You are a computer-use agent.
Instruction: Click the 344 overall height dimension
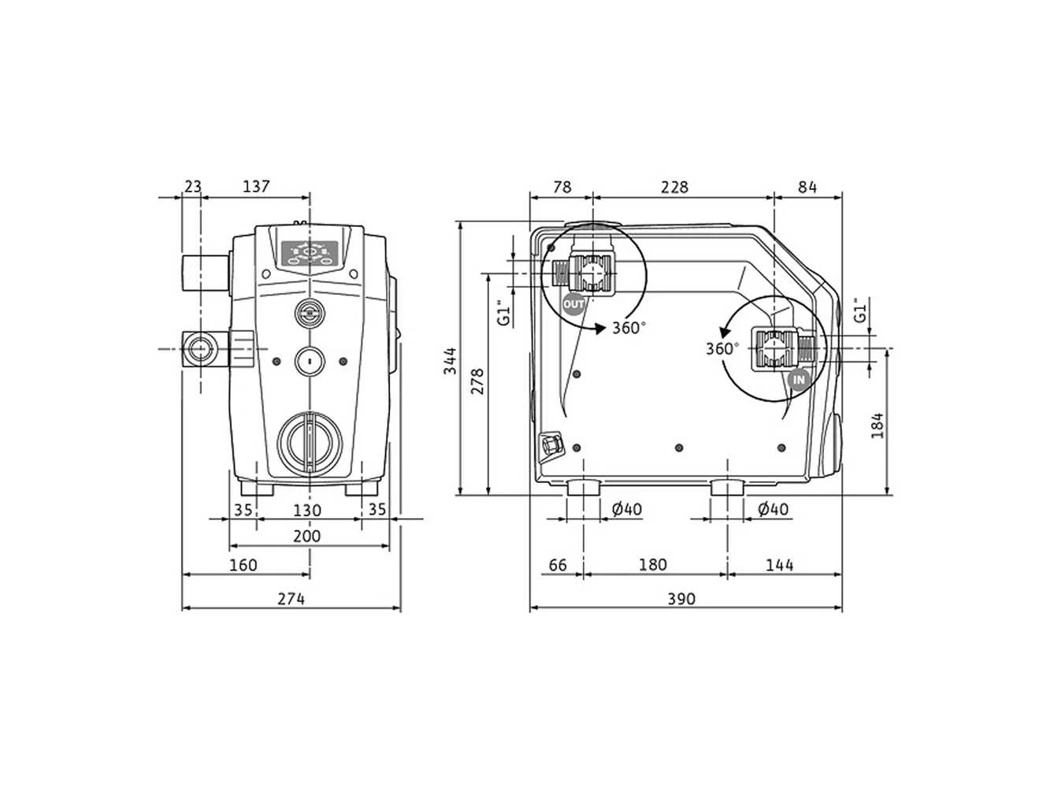451,361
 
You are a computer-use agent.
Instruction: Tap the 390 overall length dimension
681,599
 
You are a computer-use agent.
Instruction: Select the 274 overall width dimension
291,599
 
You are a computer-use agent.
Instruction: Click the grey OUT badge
573,304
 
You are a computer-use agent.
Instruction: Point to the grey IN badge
799,380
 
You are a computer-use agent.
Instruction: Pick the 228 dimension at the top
674,187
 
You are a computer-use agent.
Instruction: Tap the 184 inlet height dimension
877,426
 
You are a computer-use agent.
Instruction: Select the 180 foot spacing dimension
653,565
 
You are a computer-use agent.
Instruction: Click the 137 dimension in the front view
257,187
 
